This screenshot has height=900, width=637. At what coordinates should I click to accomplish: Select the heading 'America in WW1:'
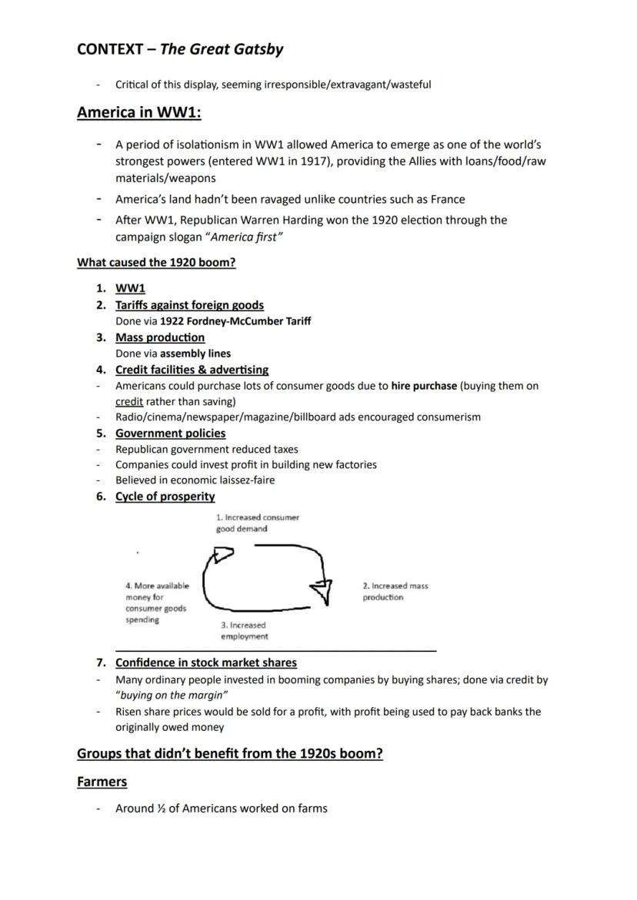pos(139,112)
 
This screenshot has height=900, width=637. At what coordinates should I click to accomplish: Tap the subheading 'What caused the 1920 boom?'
pos(156,262)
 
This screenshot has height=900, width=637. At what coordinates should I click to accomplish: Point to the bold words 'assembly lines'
pos(195,354)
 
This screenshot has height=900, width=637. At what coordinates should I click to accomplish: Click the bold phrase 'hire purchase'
pos(424,386)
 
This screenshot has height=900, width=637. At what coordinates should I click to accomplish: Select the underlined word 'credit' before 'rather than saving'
pos(129,401)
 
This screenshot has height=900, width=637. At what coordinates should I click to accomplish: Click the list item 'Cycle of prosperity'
pos(165,496)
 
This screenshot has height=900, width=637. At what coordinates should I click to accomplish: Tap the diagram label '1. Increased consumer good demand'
pos(257,523)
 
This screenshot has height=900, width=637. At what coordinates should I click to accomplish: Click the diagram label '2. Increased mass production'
pos(395,591)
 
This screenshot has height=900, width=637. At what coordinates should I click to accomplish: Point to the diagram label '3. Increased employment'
pos(245,630)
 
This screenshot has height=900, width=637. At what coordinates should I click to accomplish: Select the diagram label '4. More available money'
pos(157,602)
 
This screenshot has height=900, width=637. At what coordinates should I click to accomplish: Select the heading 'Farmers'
pos(102,782)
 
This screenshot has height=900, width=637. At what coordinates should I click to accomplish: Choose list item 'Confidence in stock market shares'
pos(205,663)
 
